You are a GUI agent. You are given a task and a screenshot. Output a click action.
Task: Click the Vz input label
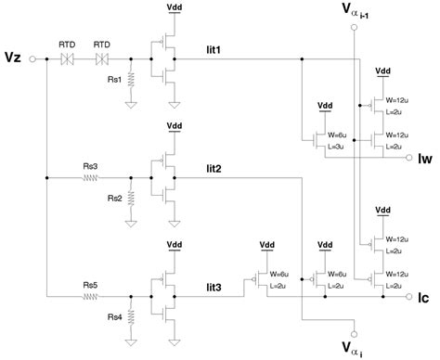[x=13, y=58]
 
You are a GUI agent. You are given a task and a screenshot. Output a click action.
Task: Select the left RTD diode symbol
[x=68, y=58]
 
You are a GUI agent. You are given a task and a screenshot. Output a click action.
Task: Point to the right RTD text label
[x=101, y=43]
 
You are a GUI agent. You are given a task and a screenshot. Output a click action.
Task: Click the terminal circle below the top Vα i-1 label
[x=353, y=28]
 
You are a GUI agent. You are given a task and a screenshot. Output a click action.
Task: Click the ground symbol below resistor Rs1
[x=131, y=105]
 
